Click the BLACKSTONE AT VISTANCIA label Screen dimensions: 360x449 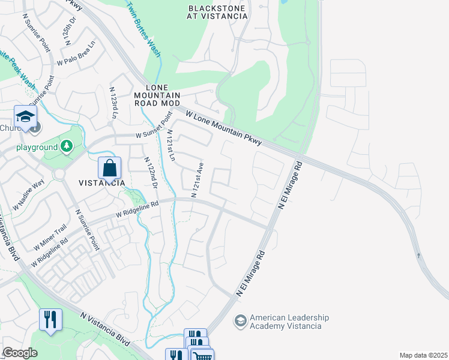(x=217, y=12)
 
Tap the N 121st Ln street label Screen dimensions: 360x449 (x=170, y=146)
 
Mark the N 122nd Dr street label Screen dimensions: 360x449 (x=150, y=175)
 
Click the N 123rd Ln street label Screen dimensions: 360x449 (x=113, y=102)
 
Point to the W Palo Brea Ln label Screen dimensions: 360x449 (x=76, y=53)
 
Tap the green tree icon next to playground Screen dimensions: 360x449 (x=67, y=146)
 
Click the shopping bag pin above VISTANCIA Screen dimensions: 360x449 (x=109, y=169)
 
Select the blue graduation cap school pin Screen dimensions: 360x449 (x=25, y=116)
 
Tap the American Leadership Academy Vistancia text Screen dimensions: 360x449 (x=285, y=322)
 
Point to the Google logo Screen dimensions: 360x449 (x=20, y=353)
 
